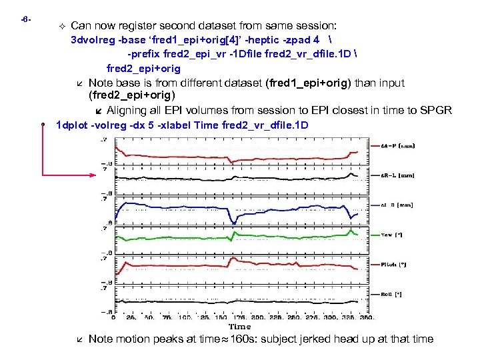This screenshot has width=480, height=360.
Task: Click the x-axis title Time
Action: pyautogui.click(x=240, y=327)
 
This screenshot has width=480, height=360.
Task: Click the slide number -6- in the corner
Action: pyautogui.click(x=25, y=19)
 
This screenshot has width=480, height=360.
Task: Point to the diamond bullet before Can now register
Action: pyautogui.click(x=61, y=25)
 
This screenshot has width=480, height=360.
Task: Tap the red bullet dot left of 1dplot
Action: pyautogui.click(x=42, y=125)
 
